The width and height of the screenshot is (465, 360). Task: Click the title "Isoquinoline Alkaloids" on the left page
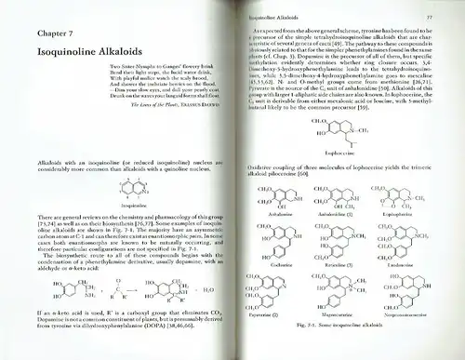[95, 66]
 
